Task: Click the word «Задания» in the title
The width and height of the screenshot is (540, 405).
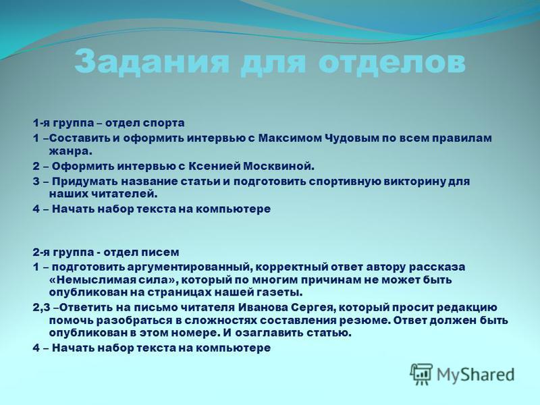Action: (x=151, y=63)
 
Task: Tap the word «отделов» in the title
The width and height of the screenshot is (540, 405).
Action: (x=391, y=63)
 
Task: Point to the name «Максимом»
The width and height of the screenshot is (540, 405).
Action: (x=289, y=138)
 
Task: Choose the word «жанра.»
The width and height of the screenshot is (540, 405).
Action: (x=71, y=151)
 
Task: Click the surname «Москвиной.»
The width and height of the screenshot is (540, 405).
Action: (x=279, y=166)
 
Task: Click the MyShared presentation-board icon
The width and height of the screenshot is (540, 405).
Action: (x=421, y=374)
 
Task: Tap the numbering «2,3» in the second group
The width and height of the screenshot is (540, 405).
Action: (x=42, y=308)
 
